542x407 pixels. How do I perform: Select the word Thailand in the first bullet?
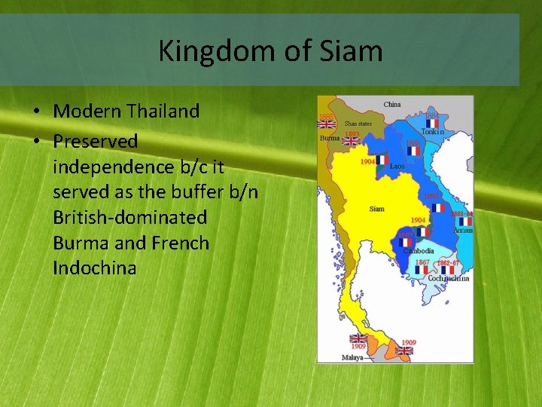tap(163, 111)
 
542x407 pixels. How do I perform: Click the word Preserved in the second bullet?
tap(96, 141)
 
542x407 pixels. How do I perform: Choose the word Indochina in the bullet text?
tap(95, 268)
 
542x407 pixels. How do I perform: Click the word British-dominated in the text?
tap(129, 218)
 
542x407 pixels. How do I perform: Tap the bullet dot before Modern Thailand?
tap(36, 112)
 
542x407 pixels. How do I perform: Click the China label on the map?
tap(392, 105)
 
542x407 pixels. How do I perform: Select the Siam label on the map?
tap(377, 209)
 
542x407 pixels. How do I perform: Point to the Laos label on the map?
tap(397, 166)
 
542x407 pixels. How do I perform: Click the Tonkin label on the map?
tap(432, 132)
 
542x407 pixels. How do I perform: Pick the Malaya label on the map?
tap(352, 357)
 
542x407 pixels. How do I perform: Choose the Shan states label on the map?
tap(358, 123)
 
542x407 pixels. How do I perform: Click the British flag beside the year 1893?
tap(352, 142)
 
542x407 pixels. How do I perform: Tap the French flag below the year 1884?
tap(432, 124)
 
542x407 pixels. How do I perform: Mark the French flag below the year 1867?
tap(422, 270)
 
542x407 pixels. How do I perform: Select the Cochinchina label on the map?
tap(449, 278)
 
